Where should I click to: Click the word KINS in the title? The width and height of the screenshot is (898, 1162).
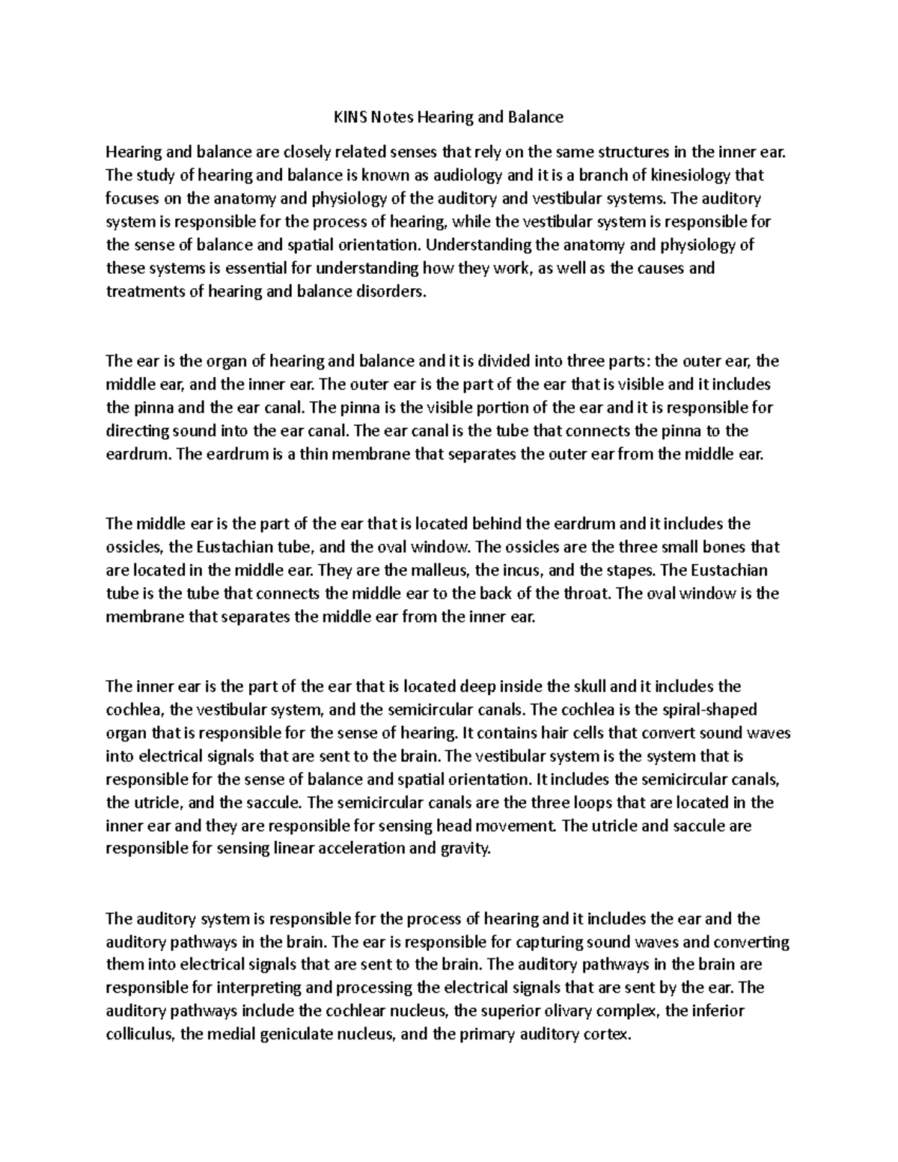[346, 117]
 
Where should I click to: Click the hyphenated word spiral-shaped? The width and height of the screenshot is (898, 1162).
[712, 709]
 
